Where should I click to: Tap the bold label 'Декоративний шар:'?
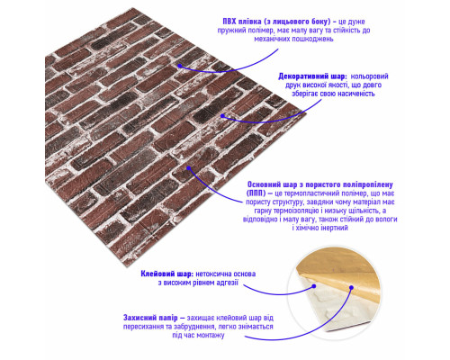click(x=312, y=76)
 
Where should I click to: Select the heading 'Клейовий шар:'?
click(x=167, y=274)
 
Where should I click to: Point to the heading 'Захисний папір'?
click(x=150, y=318)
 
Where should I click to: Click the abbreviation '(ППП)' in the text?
click(x=256, y=193)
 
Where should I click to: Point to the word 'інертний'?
click(x=333, y=228)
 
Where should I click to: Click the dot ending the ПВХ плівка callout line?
click(x=180, y=66)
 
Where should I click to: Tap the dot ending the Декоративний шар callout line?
click(x=222, y=115)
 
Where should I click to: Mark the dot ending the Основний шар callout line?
click(x=189, y=168)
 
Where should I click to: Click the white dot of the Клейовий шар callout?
click(x=314, y=286)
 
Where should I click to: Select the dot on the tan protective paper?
click(x=351, y=288)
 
